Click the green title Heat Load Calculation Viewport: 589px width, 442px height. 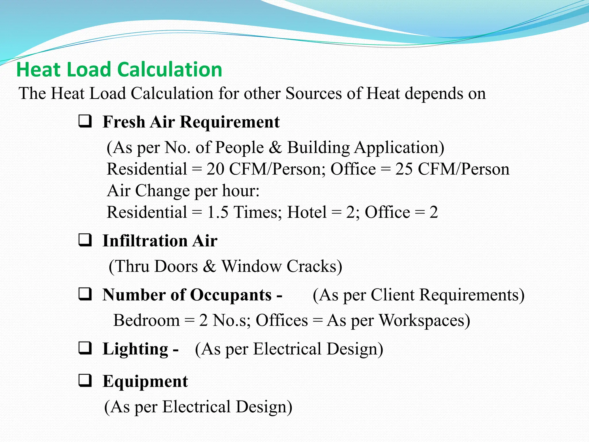119,70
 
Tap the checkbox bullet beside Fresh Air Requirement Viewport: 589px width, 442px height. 85,121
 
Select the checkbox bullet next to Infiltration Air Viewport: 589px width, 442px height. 85,240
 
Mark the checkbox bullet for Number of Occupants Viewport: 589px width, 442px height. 85,294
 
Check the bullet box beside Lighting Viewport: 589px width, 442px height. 85,348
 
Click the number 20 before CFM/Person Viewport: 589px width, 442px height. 215,169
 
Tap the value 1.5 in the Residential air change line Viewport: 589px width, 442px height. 217,212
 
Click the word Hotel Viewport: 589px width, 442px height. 307,212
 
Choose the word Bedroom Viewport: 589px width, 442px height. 146,320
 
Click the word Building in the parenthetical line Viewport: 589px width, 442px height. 318,148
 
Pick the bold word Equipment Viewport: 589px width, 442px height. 145,382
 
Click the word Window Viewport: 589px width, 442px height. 251,266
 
